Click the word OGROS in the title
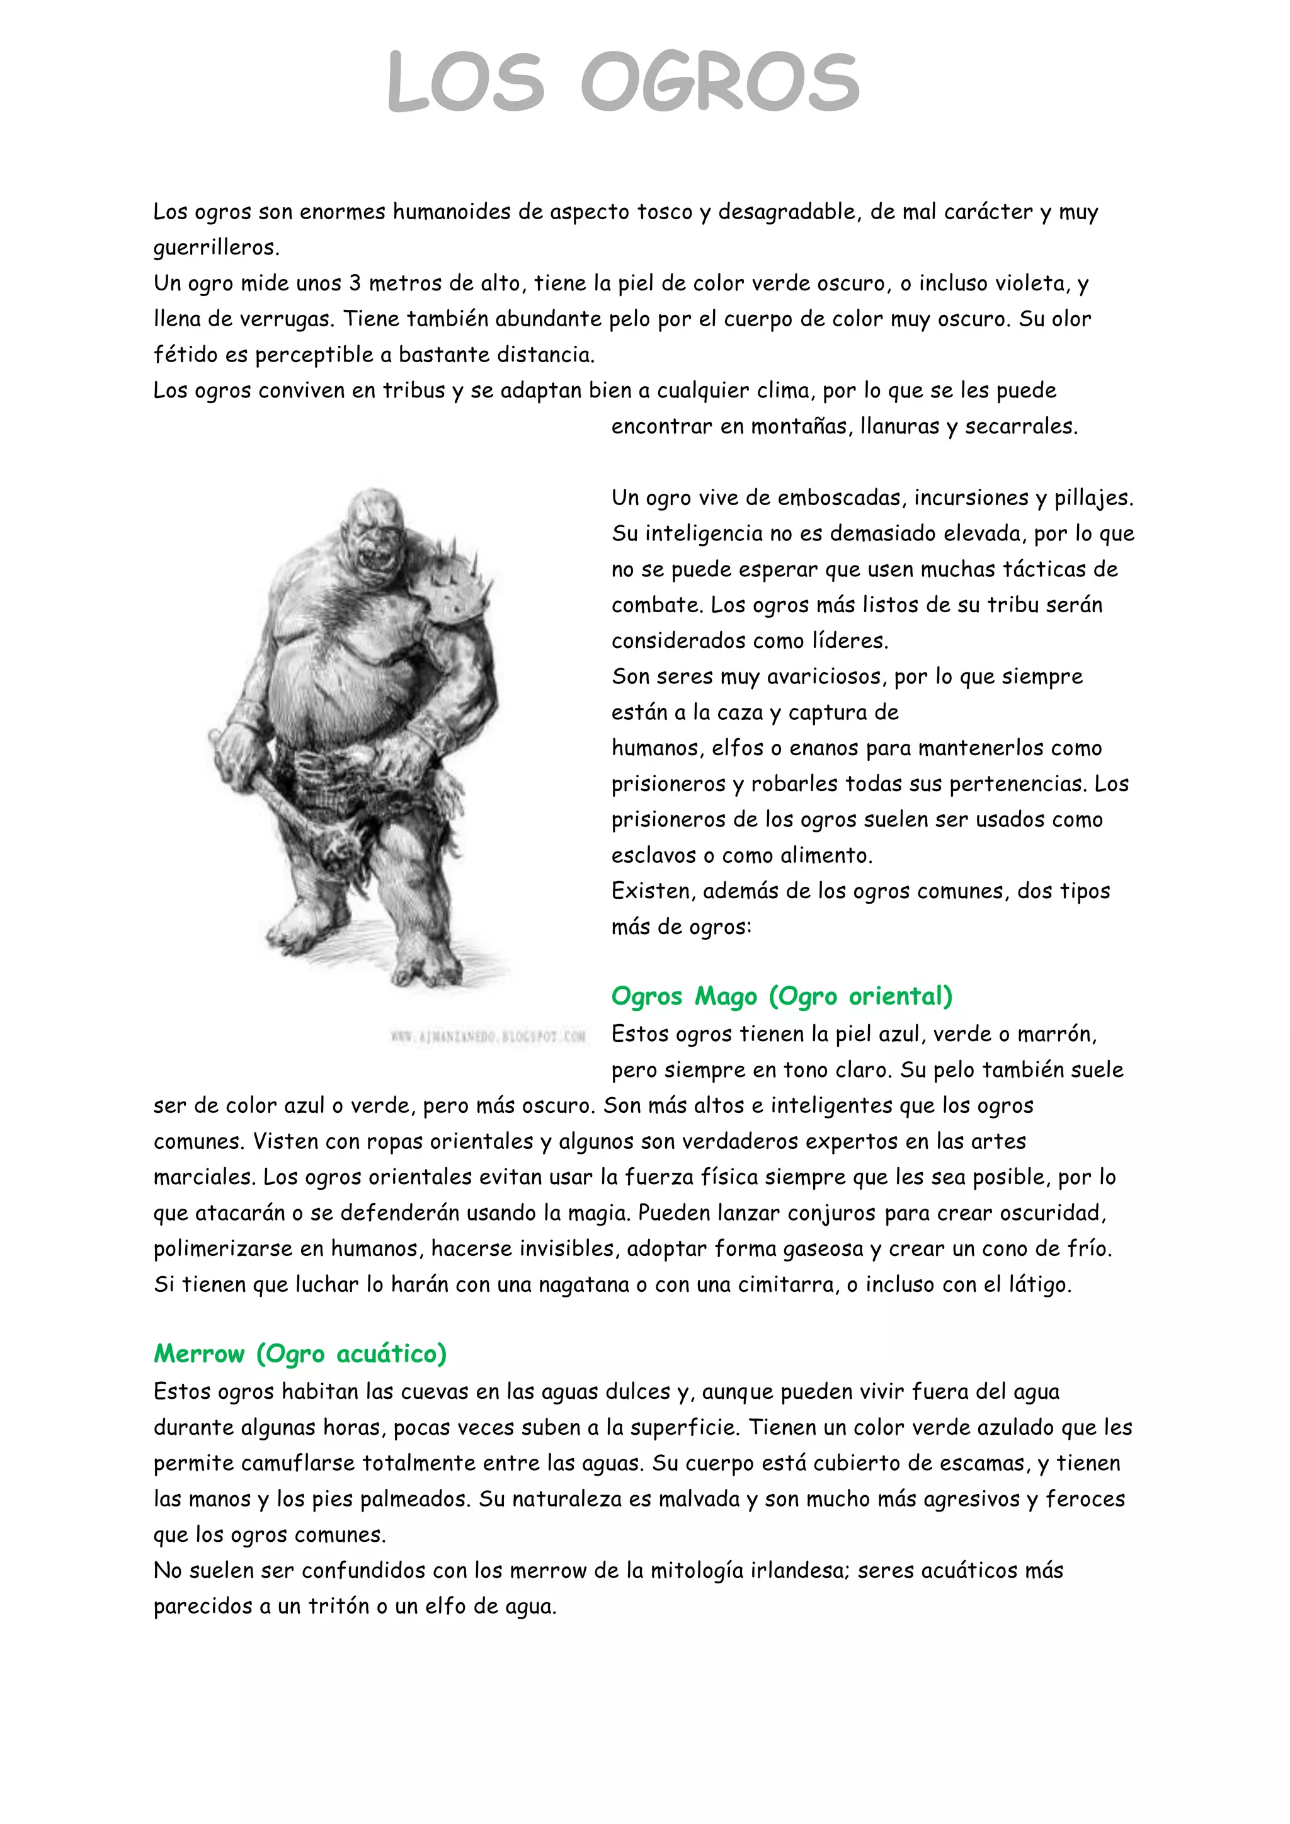coord(720,82)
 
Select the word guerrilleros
coord(215,248)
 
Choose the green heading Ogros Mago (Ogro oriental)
coord(782,996)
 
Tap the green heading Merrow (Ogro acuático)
coord(300,1354)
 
